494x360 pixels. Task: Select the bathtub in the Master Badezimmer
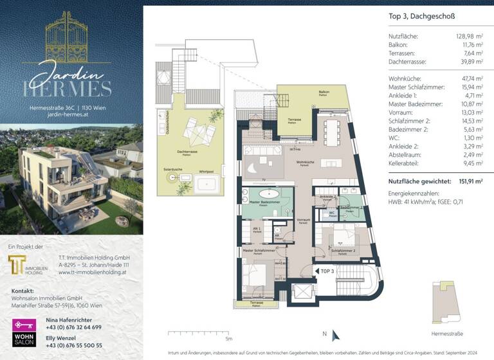[266, 195]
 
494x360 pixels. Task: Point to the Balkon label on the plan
[324, 92]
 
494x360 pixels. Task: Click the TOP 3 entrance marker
[326, 271]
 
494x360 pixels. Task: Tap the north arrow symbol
[324, 334]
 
